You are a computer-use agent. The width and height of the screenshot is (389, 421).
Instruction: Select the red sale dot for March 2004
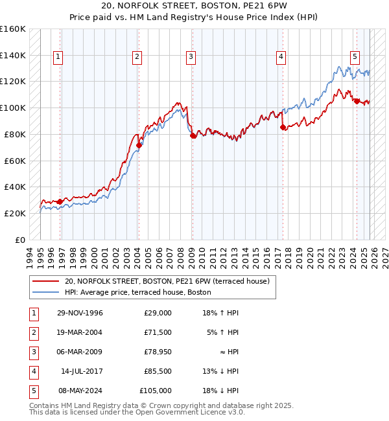[x=139, y=145]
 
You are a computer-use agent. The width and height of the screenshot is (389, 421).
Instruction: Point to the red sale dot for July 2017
[x=283, y=127]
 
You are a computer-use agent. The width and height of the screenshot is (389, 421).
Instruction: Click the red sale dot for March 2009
[x=193, y=135]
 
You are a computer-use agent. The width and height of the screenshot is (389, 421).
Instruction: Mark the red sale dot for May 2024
[x=357, y=101]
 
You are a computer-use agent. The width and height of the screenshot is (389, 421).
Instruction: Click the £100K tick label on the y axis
[x=13, y=108]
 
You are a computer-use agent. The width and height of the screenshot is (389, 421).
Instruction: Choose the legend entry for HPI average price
[x=137, y=292]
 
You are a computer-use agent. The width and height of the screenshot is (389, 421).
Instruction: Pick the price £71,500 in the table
[x=158, y=332]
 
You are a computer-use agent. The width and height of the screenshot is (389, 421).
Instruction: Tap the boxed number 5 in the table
[x=33, y=391]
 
